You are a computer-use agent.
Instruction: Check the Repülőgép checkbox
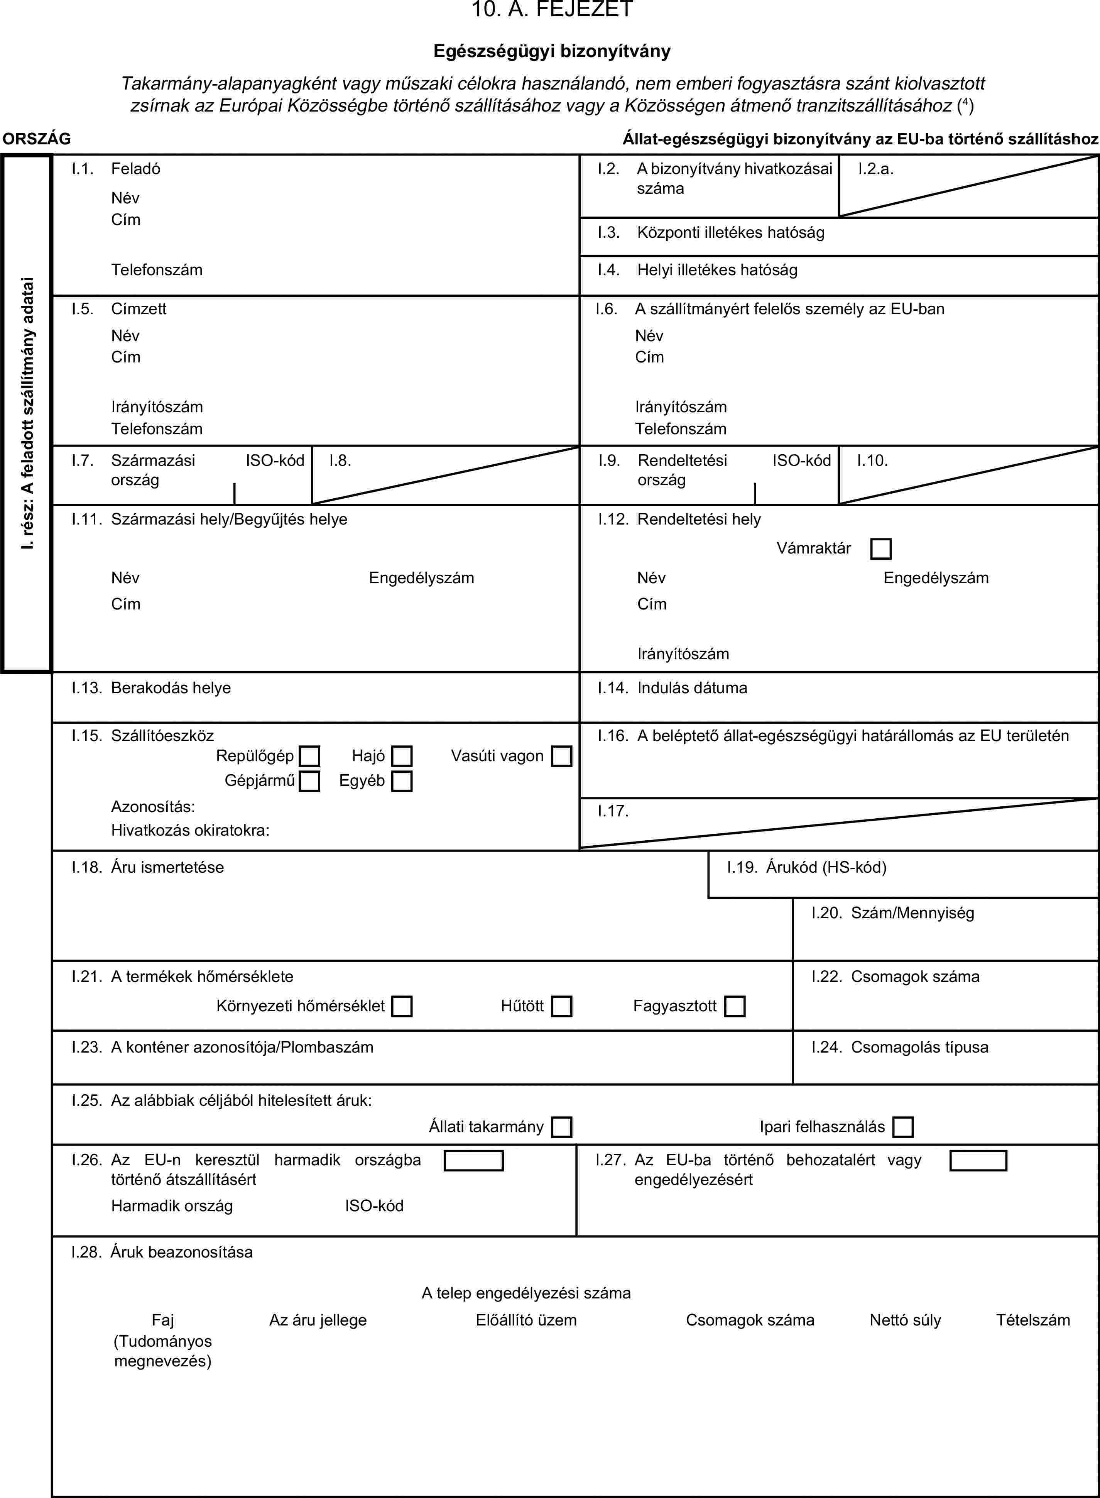click(x=309, y=756)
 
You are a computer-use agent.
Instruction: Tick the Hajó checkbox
click(x=402, y=756)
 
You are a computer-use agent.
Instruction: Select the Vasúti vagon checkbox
click(x=561, y=756)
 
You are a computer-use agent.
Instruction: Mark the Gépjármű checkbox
click(x=309, y=780)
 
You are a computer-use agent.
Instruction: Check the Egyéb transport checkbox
click(x=402, y=780)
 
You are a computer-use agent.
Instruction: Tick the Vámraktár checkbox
click(x=880, y=549)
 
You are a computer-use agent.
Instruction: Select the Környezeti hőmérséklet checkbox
click(x=402, y=1006)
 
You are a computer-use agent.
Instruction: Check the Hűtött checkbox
click(x=561, y=1006)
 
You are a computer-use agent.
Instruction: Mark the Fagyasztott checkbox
click(x=735, y=1006)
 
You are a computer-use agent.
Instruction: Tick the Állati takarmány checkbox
click(x=561, y=1127)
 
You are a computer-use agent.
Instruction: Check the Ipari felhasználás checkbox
click(x=903, y=1127)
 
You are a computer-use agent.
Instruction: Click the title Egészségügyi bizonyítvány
click(x=552, y=51)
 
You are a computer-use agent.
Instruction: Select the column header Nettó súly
click(x=905, y=1320)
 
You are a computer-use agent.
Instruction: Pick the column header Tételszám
click(x=1033, y=1320)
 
